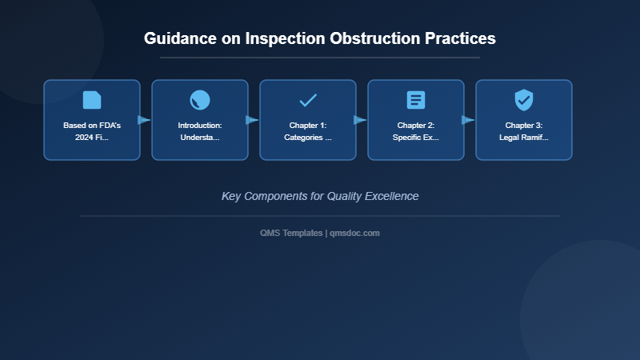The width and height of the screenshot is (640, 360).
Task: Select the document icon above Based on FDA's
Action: pos(92,100)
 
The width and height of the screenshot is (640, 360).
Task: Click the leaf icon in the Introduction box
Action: pos(200,100)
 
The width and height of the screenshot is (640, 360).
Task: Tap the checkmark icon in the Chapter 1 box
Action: pos(308,100)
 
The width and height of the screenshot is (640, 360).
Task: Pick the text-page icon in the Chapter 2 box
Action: pos(416,100)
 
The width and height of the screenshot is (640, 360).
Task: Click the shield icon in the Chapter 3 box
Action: pos(524,100)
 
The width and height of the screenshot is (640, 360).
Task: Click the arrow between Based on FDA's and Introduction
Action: pos(144,120)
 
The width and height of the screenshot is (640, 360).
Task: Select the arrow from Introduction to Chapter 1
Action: pos(252,120)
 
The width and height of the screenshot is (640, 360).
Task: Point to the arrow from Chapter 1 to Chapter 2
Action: pos(360,120)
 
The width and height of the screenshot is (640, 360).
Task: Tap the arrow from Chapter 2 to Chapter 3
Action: pos(468,120)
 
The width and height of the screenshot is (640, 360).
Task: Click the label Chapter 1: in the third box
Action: pos(308,126)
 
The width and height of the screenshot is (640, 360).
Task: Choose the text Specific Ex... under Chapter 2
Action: pos(416,138)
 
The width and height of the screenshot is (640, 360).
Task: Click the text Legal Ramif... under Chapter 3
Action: pos(524,138)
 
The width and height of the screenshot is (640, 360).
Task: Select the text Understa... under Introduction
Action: pos(200,138)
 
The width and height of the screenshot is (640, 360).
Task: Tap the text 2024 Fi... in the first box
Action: pos(92,138)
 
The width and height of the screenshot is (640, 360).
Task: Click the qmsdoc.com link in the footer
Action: pos(355,233)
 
